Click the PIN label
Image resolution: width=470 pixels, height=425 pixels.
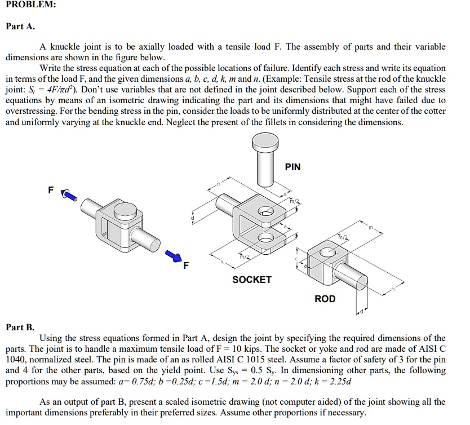coord(292,167)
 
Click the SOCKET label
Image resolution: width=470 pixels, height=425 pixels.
coord(252,280)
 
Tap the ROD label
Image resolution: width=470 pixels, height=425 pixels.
coord(325,299)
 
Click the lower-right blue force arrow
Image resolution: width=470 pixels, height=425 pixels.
coord(174,257)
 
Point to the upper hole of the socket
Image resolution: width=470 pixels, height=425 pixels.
coord(266,212)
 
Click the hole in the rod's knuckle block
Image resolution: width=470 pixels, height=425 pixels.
coord(326,252)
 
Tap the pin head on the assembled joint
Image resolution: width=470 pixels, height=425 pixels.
coord(125,212)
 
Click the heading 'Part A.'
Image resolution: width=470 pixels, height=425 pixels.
coord(20,26)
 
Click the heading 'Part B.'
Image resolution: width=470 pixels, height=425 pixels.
coord(20,327)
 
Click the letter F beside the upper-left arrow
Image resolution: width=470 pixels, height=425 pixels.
coord(51,191)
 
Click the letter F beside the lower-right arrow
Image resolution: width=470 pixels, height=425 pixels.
coord(187,264)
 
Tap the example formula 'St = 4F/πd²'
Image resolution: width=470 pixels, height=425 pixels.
coord(52,90)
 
